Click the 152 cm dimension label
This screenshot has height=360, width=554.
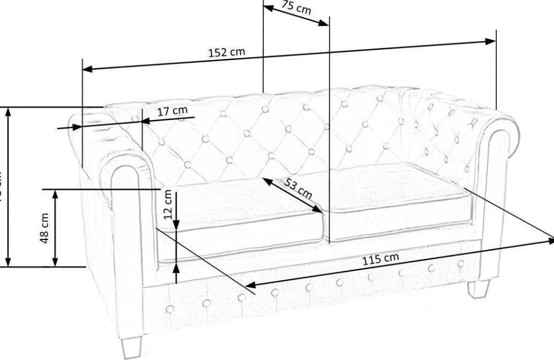point(226,52)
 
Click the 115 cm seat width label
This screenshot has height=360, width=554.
point(380,258)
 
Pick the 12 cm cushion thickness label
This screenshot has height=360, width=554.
point(168,205)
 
